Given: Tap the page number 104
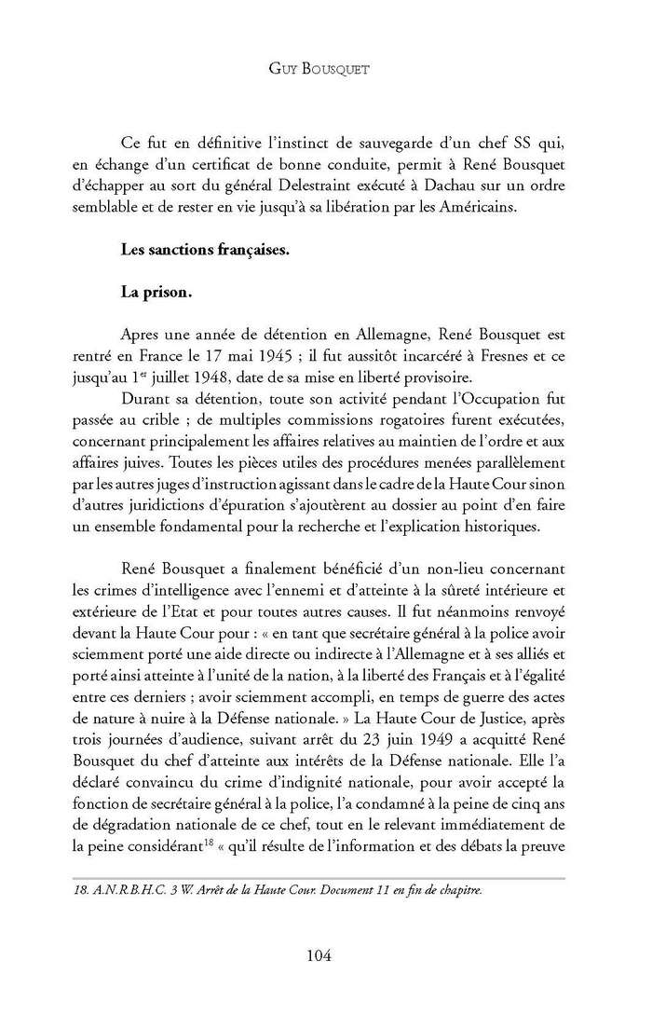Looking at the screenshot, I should pos(325,955).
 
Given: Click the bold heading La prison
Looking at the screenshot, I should pos(156,292).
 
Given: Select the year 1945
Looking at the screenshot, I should pos(323,354).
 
